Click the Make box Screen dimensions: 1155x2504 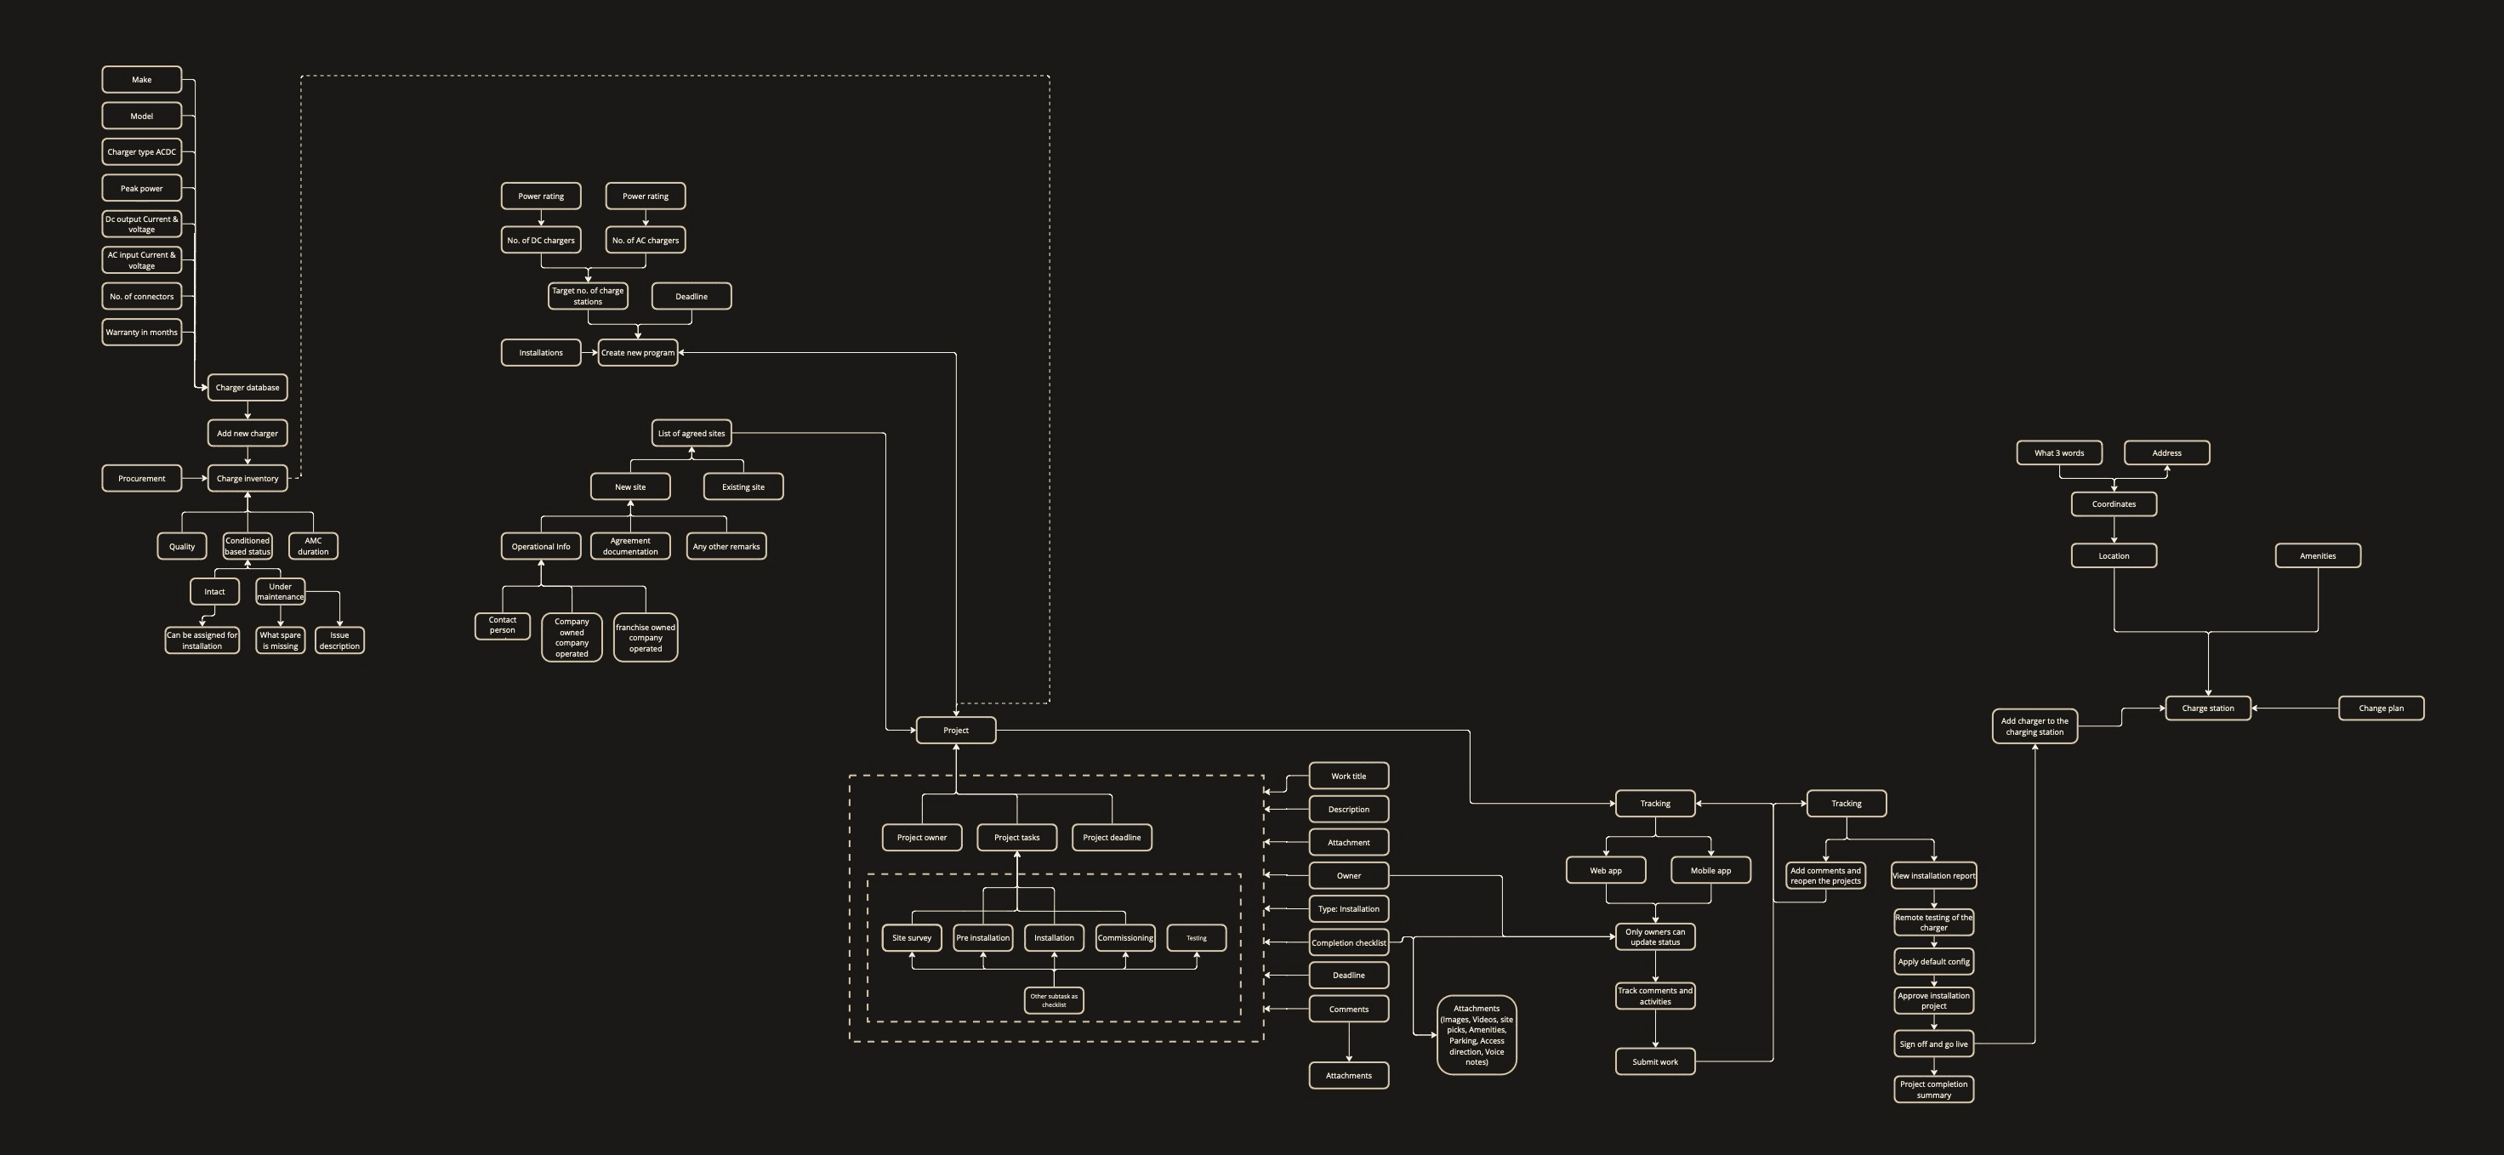142,80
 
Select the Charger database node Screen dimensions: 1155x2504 247,388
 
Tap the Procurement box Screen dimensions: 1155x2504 142,478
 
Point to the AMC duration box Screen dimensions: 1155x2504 313,546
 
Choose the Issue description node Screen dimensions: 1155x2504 339,640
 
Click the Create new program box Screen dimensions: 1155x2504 638,353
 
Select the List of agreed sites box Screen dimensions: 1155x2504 691,434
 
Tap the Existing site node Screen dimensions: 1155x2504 743,487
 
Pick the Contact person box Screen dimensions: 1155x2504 503,626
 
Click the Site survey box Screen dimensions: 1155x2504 912,938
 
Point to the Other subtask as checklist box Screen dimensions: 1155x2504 1054,1000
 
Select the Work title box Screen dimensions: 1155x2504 1348,776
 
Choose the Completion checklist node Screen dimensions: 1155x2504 1348,943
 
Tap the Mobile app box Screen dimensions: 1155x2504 1710,870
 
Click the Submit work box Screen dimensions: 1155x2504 1654,1061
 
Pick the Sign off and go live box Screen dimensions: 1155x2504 1933,1044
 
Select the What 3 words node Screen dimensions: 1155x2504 2059,453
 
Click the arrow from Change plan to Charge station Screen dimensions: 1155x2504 2294,708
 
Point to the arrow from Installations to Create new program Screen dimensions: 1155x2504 589,353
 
